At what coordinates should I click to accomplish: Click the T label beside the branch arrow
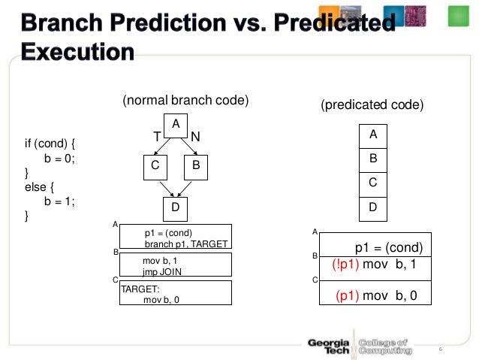[x=157, y=137]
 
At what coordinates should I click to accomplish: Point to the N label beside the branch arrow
[x=195, y=137]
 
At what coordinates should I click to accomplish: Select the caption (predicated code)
[x=372, y=105]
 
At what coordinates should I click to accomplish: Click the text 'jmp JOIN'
[x=162, y=271]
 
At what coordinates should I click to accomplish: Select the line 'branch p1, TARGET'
[x=185, y=244]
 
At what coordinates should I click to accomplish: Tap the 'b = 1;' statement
[x=60, y=201]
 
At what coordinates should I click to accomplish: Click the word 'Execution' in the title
[x=78, y=53]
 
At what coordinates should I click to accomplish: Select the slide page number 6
[x=439, y=349]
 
